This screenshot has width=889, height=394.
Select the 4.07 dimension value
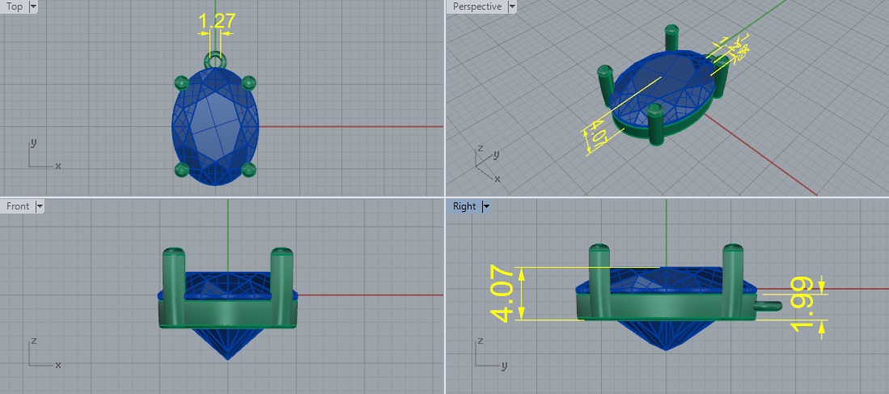pyautogui.click(x=502, y=293)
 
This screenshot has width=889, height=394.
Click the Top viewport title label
pyautogui.click(x=15, y=6)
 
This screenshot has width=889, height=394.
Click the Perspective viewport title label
pyautogui.click(x=477, y=6)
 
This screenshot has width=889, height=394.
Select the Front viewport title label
pyautogui.click(x=18, y=206)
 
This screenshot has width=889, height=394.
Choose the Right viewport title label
pyautogui.click(x=464, y=206)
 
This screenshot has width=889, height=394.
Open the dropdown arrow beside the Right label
pyautogui.click(x=486, y=206)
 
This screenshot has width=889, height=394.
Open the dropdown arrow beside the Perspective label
pyautogui.click(x=511, y=6)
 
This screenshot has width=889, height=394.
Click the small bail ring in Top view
pyautogui.click(x=214, y=59)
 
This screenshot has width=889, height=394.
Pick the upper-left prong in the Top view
pyautogui.click(x=181, y=82)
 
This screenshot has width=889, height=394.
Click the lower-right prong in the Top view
pyautogui.click(x=248, y=169)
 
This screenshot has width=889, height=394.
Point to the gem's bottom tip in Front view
pyautogui.click(x=229, y=358)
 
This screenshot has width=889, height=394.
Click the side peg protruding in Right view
pyautogui.click(x=768, y=306)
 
